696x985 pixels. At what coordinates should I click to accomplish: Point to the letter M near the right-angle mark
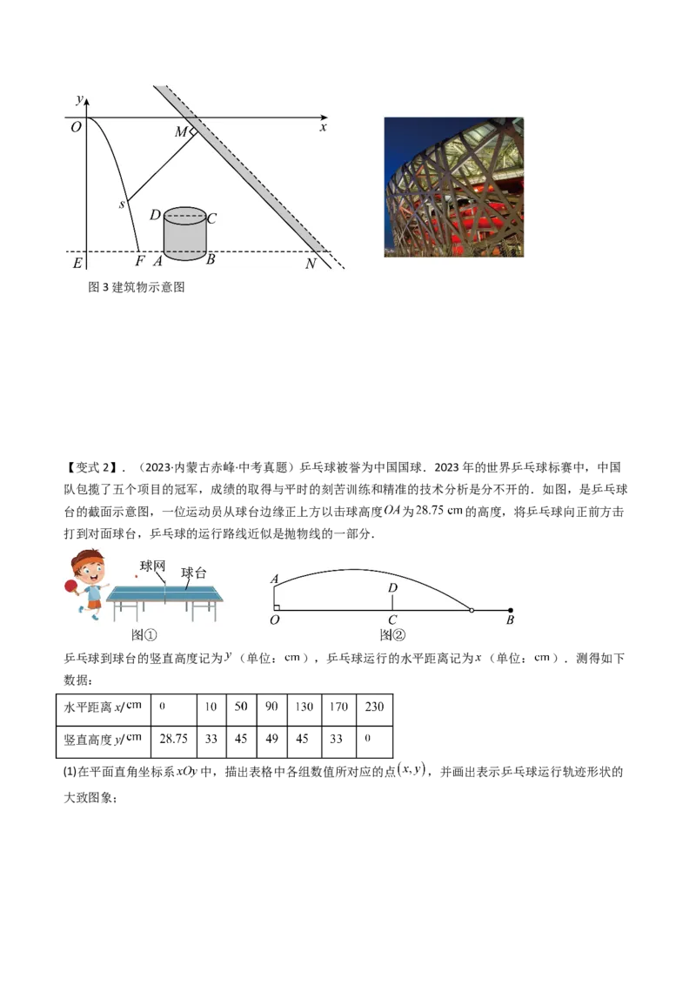[180, 132]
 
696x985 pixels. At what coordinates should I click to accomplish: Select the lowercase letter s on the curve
[122, 204]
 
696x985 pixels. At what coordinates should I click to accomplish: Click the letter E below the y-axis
[77, 263]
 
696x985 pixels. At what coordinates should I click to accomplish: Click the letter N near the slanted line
[311, 263]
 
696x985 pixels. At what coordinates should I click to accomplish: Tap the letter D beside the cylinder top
[154, 215]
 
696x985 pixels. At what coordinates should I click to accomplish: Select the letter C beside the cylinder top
[211, 218]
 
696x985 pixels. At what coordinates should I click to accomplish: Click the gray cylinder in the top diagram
[184, 235]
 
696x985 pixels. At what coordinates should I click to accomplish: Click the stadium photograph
[454, 187]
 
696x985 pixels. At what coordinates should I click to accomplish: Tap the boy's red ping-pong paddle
[70, 589]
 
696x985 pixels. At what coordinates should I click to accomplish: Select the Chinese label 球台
[194, 573]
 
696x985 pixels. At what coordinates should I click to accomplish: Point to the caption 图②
[392, 635]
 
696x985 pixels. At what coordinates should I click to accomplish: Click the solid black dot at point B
[511, 611]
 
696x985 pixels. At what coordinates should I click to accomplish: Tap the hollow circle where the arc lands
[472, 611]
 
